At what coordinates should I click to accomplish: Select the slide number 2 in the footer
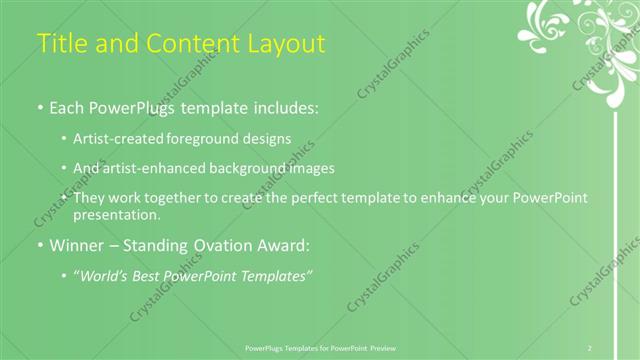coord(590,348)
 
